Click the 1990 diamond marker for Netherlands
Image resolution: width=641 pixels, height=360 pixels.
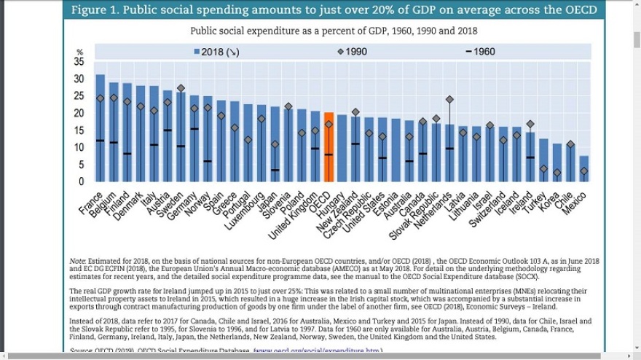pos(449,99)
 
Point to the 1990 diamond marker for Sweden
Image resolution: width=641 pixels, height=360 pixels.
pos(181,88)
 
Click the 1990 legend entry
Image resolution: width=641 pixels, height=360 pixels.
pos(352,52)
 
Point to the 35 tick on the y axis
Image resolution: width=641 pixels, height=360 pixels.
pos(79,62)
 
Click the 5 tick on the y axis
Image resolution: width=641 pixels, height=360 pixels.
pos(82,165)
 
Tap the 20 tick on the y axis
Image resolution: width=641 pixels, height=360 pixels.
pos(79,113)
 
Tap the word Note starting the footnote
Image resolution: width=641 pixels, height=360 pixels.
pos(77,260)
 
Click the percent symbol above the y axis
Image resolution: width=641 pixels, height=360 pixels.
pos(80,52)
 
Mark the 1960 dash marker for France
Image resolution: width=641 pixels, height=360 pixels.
pos(101,141)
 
